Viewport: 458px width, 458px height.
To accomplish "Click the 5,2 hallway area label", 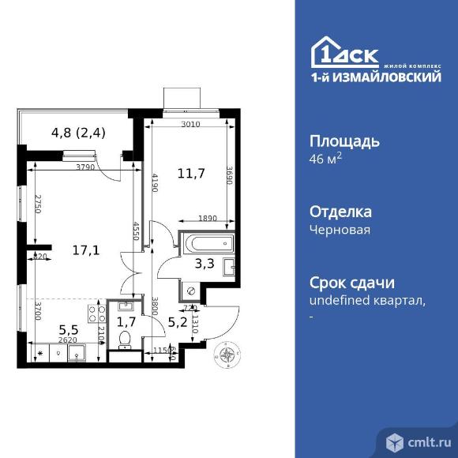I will [x=178, y=321].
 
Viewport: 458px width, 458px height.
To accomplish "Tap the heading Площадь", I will [x=343, y=142].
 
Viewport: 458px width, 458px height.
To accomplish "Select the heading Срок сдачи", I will [x=351, y=283].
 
